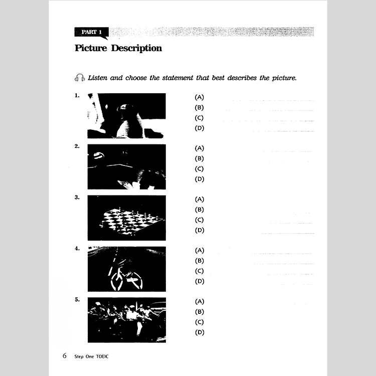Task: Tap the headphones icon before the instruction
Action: point(79,78)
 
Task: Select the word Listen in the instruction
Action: point(99,78)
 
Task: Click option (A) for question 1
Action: point(200,97)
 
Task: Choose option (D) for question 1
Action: point(200,128)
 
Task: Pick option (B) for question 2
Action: point(200,159)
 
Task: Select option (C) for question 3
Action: point(200,220)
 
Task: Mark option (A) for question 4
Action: point(200,251)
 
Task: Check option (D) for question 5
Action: point(200,332)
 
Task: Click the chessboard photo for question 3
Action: point(126,218)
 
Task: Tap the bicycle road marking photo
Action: point(126,269)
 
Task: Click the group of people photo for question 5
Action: point(126,320)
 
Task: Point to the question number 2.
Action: point(77,146)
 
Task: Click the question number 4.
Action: point(77,248)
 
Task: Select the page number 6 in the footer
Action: point(65,356)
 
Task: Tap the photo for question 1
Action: point(126,116)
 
